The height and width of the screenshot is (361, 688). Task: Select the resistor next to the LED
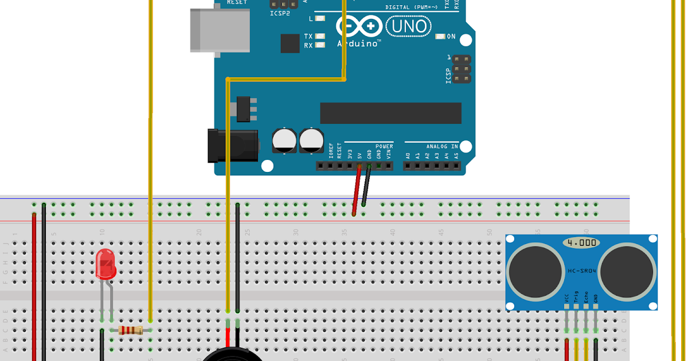pos(130,329)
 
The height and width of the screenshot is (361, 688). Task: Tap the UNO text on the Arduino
pos(409,26)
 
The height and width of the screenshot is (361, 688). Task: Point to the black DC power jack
pos(233,146)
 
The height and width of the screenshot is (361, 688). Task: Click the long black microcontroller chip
pos(390,113)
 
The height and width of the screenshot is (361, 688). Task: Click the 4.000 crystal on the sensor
pos(581,242)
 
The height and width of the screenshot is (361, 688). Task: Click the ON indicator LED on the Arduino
pos(440,37)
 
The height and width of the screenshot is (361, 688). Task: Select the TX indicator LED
pos(320,36)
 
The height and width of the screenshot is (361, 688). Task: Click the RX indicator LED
pos(320,45)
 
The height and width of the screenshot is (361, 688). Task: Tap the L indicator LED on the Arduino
pos(320,18)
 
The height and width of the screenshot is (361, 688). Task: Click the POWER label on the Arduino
pos(384,146)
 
